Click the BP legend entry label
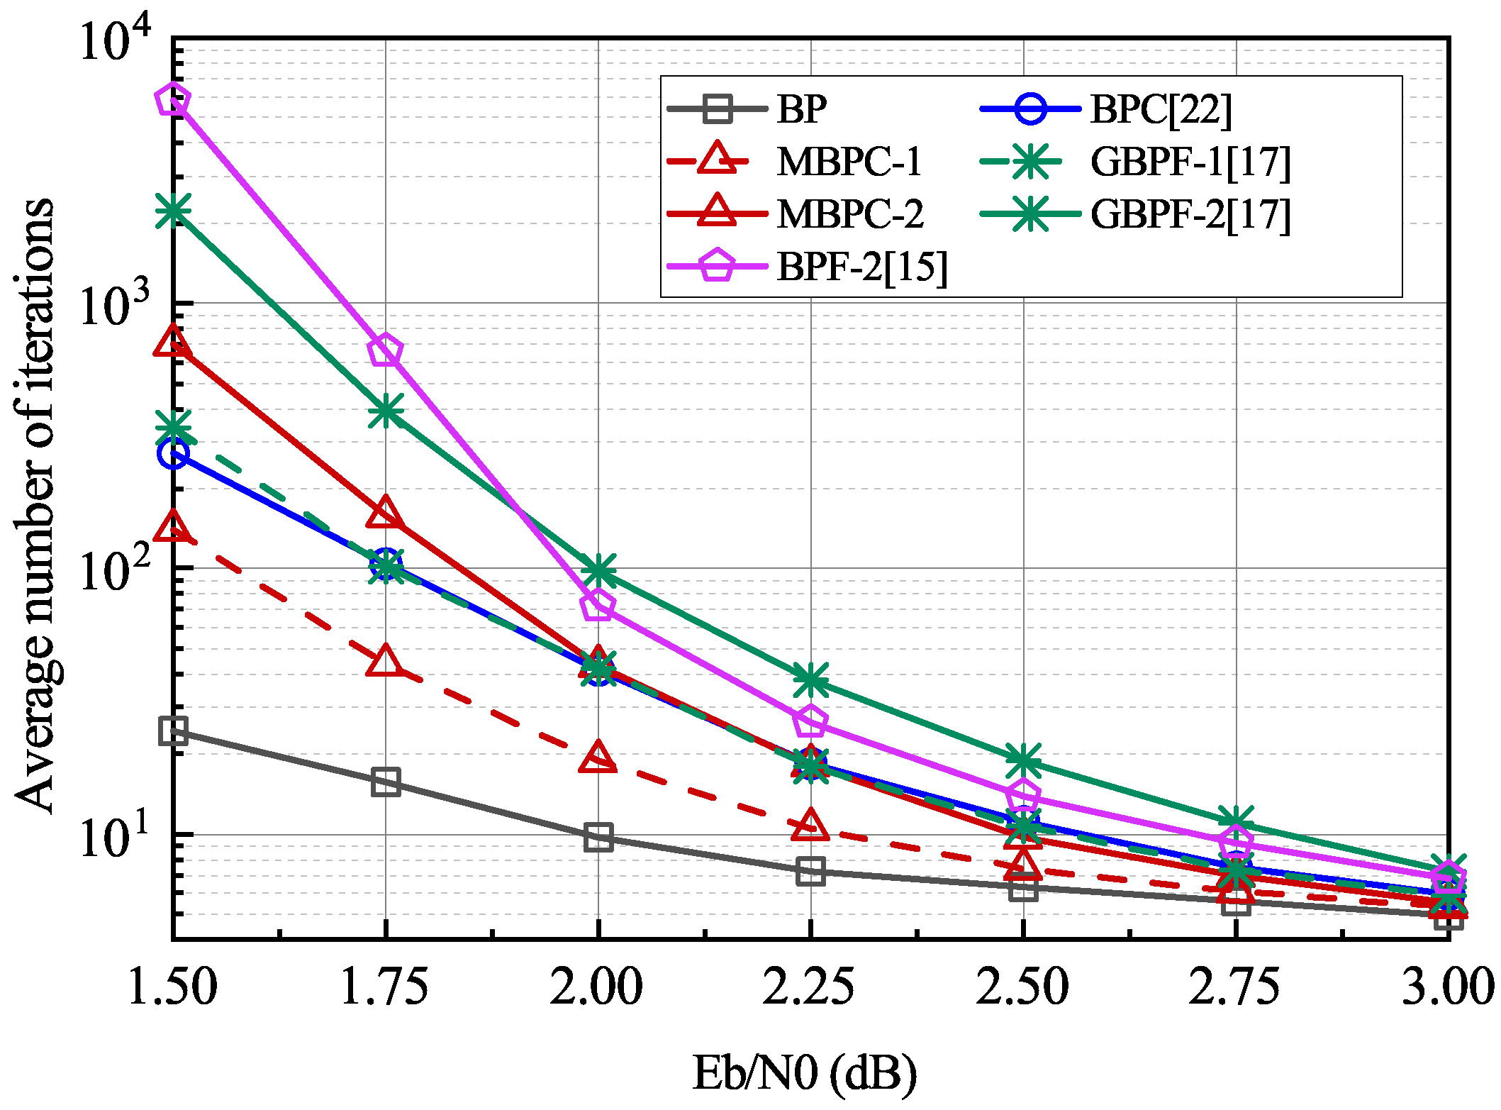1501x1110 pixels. pos(801,110)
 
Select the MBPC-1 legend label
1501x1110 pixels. pos(849,162)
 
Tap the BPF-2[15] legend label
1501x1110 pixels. pos(861,267)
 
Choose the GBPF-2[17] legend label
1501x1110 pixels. pos(1190,215)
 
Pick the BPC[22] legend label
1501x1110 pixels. pos(1161,110)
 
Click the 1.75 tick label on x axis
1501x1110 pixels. pos(384,987)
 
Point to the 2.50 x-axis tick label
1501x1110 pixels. pos(1022,987)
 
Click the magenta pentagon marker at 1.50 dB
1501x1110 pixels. pos(173,100)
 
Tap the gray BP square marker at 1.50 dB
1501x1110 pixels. pos(174,731)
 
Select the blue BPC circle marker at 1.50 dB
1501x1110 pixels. pos(174,454)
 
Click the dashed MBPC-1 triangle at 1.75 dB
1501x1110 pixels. pos(385,662)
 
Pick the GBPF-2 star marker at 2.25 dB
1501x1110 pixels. pos(810,680)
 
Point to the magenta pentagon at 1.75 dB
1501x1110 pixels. pos(385,350)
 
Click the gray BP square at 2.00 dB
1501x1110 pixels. pos(598,838)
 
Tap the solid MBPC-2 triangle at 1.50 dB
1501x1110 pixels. pos(173,342)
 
